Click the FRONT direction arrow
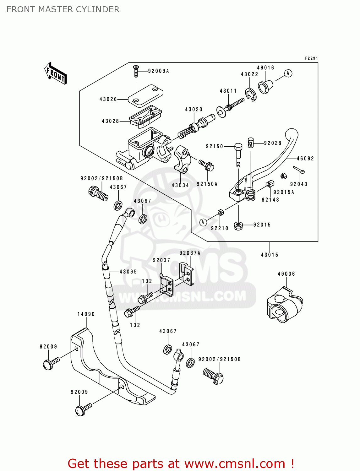coord(56,73)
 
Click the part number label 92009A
coord(158,71)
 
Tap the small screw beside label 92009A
coord(136,72)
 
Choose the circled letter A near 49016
coord(288,73)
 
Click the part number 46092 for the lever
coord(305,159)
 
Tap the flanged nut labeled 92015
coord(238,225)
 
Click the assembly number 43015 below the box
coord(270,255)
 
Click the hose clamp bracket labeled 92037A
coord(186,274)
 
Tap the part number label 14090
coord(86,314)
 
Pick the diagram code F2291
coord(311,58)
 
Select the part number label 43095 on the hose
coord(128,272)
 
